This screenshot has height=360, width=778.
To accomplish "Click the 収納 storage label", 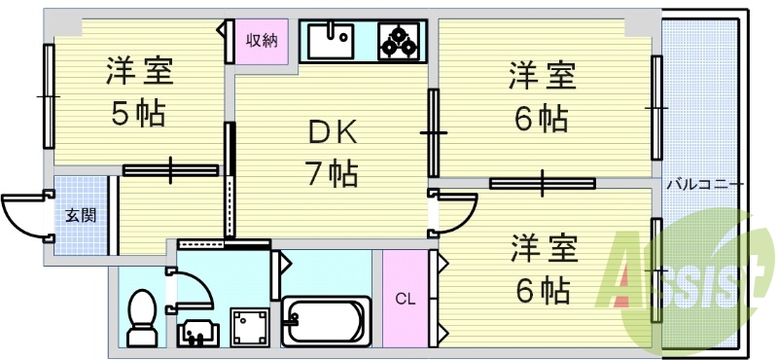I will pos(262,41).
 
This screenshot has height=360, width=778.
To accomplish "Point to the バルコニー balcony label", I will pos(705,183).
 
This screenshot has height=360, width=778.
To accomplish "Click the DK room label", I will pos(334,131).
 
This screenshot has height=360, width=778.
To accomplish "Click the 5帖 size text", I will pos(137,114).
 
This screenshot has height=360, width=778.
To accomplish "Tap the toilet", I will pos(143,316).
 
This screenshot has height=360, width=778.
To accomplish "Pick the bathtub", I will pos(325,320).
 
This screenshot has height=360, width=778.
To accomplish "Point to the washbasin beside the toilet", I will pos(198,331).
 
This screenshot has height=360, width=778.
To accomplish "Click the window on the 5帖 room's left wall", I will pos(46,95).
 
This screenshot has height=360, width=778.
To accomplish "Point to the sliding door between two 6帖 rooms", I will pos(542,182).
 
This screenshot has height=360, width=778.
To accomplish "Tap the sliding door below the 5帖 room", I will pos(170,169).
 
